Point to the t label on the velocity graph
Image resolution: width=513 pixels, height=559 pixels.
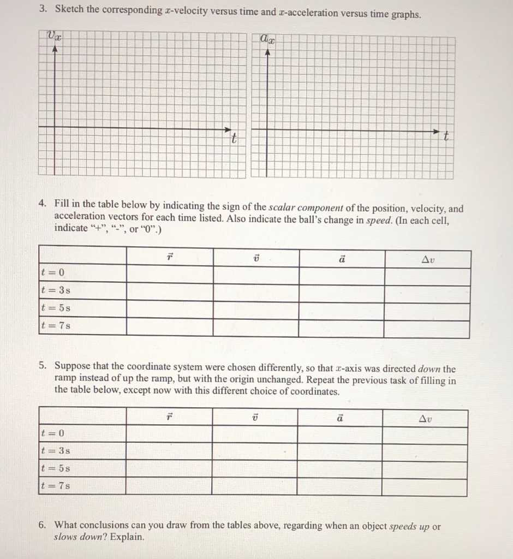[233, 139]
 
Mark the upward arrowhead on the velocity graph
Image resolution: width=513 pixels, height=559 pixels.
[55, 49]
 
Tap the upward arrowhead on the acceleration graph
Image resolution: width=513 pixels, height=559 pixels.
[267, 52]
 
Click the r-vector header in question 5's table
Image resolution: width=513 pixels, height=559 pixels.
[169, 418]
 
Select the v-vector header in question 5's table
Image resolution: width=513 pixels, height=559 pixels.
[254, 418]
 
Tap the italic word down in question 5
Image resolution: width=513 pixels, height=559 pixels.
[428, 369]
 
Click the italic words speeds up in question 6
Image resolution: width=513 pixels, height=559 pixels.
[409, 527]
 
